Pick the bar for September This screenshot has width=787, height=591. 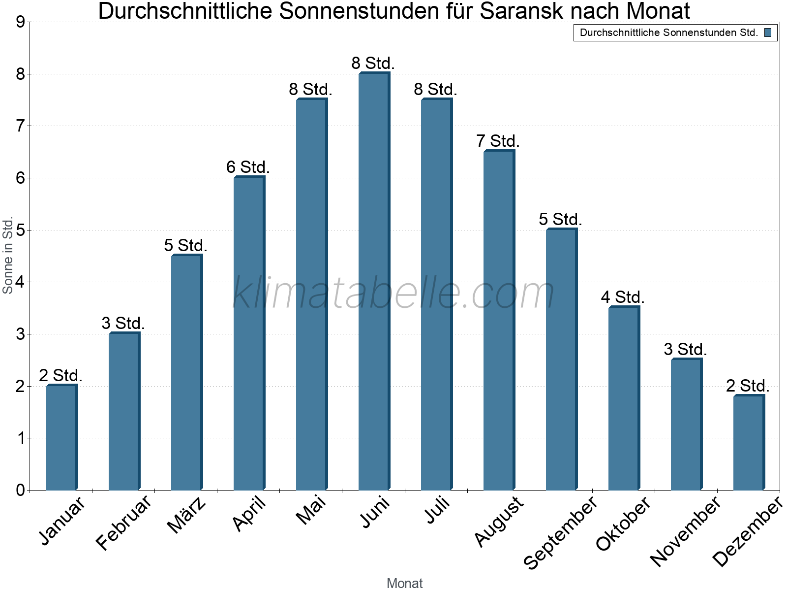click(561, 360)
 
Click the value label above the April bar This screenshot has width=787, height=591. click(248, 167)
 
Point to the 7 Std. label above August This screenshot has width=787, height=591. click(498, 141)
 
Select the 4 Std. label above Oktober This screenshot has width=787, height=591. click(623, 297)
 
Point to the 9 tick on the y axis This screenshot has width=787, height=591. click(20, 22)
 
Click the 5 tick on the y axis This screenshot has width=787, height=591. click(20, 230)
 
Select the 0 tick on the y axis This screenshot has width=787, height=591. click(20, 490)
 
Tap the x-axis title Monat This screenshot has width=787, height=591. click(404, 584)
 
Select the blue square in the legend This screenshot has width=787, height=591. click(768, 33)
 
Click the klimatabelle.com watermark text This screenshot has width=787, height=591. click(393, 293)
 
